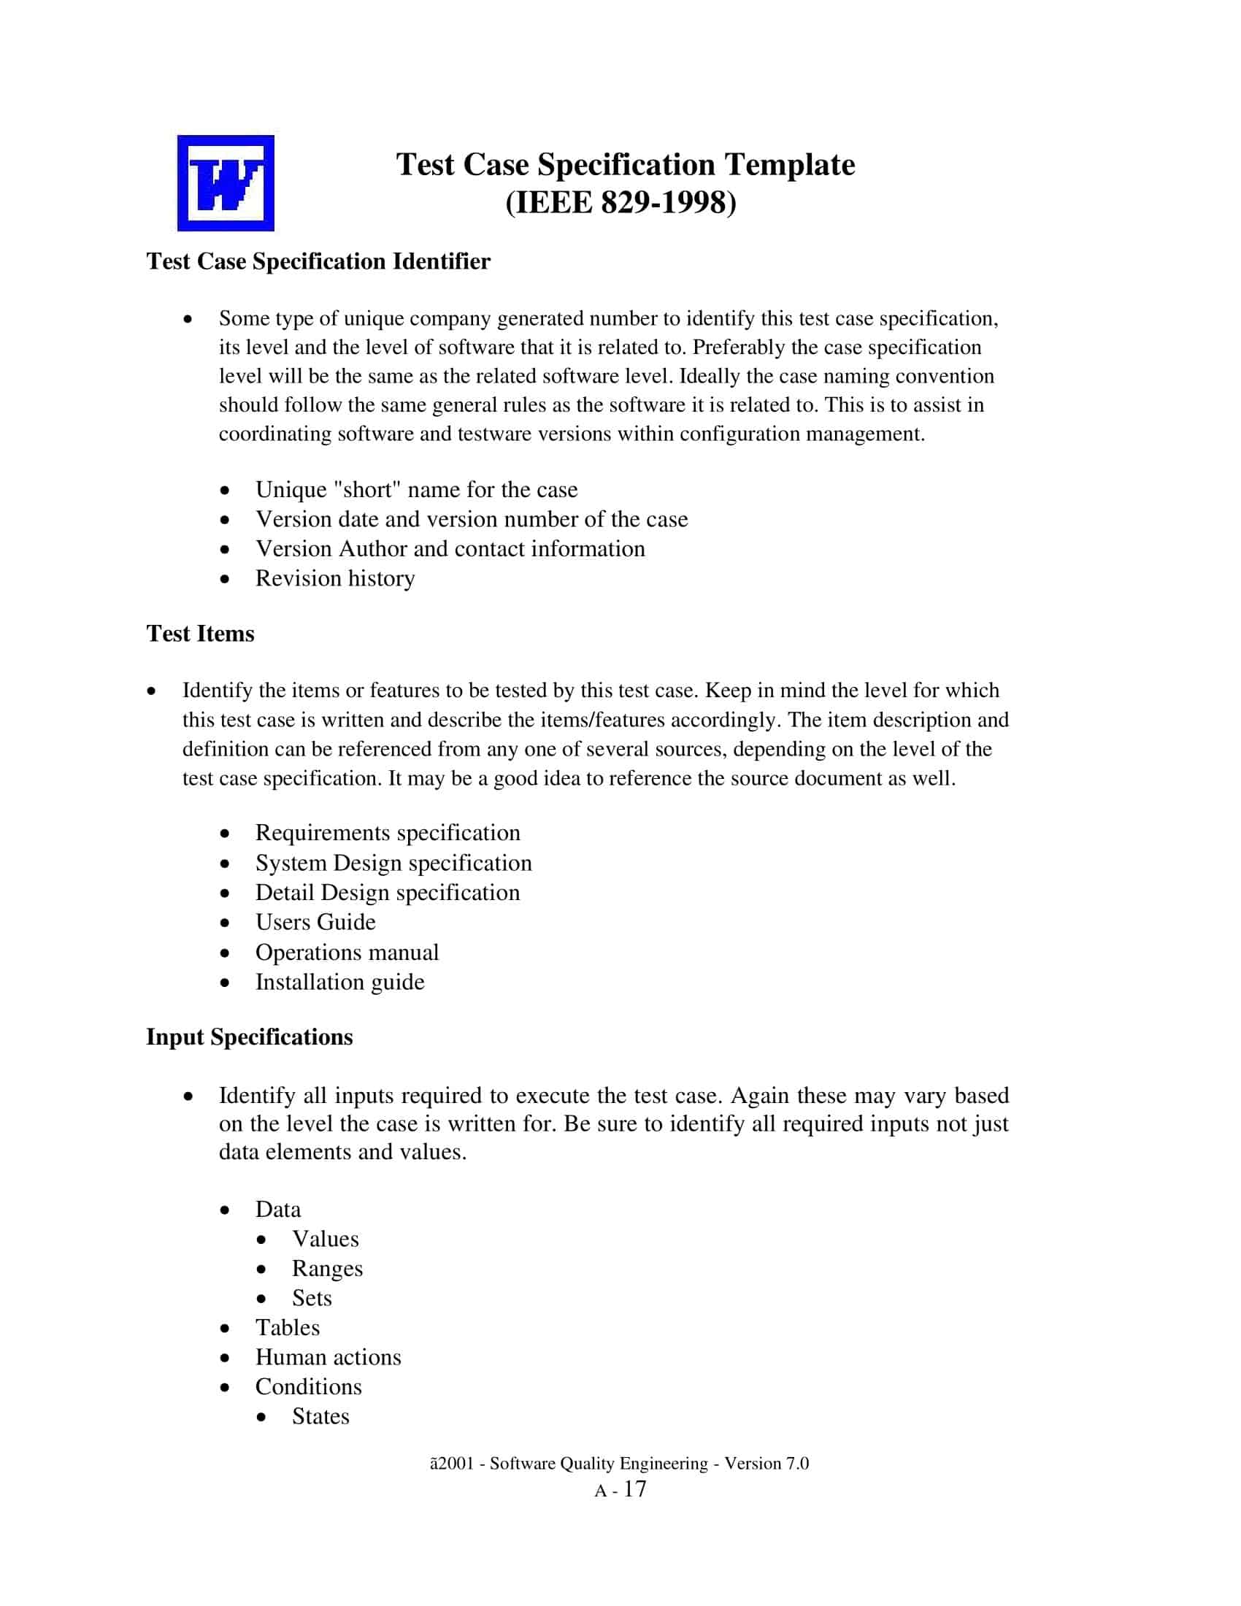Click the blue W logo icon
coord(226,183)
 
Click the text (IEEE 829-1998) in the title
coord(620,203)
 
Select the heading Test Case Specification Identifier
coord(318,262)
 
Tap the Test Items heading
coord(200,634)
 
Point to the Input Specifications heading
coord(249,1037)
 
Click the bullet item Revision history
coord(334,579)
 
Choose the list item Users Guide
coord(315,922)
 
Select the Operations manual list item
coord(346,952)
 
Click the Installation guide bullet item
coord(339,983)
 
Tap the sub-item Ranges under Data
coord(327,1269)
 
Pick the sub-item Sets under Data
coord(312,1298)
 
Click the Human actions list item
coord(328,1357)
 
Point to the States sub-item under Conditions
coord(320,1416)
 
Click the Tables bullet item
coord(288,1327)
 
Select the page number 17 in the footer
coord(634,1490)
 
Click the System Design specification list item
coord(393,863)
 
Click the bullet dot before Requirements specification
coord(225,834)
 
